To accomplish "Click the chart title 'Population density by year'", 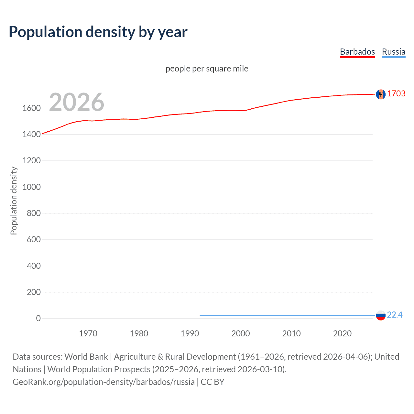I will [x=98, y=32].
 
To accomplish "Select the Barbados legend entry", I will [x=357, y=52].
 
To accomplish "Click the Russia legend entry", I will [x=393, y=52].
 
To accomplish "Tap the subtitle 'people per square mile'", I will [x=207, y=69].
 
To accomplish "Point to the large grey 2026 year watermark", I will [x=77, y=102].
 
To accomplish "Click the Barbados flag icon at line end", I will [x=381, y=94].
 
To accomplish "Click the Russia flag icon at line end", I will [x=381, y=315].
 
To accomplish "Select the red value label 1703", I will [x=396, y=93].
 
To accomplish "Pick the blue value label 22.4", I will [x=395, y=315].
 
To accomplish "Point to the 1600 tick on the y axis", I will [x=31, y=108].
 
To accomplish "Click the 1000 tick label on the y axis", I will [x=31, y=187].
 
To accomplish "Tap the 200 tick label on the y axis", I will [x=34, y=292].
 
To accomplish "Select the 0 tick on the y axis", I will [x=38, y=318].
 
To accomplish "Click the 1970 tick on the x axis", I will [x=88, y=333].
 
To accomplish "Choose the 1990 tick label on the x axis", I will [x=190, y=333].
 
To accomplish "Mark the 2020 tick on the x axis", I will [x=342, y=333].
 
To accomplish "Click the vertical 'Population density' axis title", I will [x=14, y=201].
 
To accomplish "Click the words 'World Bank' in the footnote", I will [x=86, y=357].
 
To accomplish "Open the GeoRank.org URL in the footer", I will [x=103, y=382].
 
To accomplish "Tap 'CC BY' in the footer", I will [x=212, y=382].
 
